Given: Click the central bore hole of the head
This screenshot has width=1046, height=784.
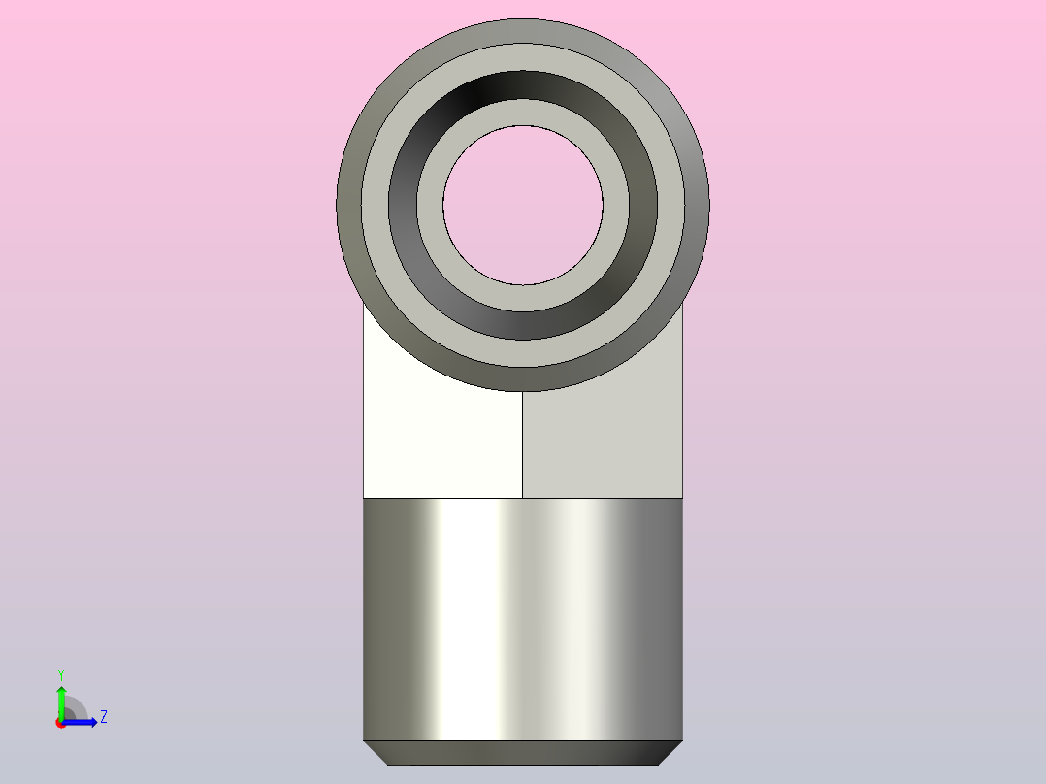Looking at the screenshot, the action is pos(523,206).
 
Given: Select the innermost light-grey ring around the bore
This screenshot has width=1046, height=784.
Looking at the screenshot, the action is pos(523,113).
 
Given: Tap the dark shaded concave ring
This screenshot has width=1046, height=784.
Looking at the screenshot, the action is pos(523,84).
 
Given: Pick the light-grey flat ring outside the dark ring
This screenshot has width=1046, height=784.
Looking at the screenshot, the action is pos(523,56).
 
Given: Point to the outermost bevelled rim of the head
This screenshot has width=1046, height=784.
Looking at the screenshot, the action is pos(523,31).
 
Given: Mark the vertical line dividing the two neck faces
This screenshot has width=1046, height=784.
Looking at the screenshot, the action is pos(522,444).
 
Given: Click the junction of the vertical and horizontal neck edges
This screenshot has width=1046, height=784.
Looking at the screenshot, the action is pos(522,498).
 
